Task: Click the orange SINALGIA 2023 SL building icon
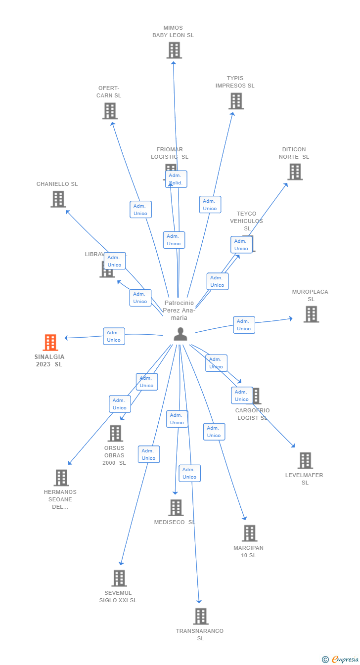point(50,342)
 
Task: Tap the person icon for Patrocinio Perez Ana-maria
point(180,334)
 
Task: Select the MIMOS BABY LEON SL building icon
point(174,50)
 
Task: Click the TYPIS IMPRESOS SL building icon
point(236,101)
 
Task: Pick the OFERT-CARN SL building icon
point(110,111)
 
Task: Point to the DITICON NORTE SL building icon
point(295,172)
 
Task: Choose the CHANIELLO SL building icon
point(58,199)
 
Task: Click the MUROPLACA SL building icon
point(311,314)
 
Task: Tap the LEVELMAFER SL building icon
point(305,460)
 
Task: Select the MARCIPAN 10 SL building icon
point(249,533)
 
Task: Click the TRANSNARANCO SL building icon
point(200,616)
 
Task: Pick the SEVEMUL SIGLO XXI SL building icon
point(119,578)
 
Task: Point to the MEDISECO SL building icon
point(176,507)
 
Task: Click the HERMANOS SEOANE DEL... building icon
point(61,478)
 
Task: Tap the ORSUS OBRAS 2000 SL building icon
point(115,433)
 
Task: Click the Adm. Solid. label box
point(176,179)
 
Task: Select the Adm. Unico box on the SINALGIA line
point(114,336)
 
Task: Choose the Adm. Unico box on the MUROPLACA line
point(244,325)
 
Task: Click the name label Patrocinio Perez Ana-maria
point(180,310)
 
